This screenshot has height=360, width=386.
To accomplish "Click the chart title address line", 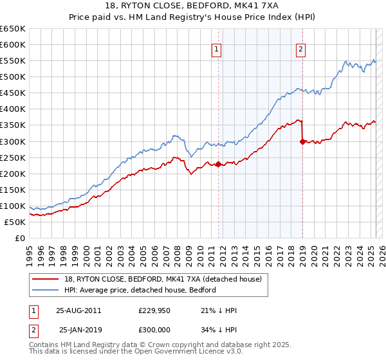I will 193,6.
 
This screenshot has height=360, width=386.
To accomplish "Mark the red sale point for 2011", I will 218,164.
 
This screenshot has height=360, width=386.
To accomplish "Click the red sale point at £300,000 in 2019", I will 302,141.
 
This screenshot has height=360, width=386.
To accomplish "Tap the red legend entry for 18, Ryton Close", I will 158,279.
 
